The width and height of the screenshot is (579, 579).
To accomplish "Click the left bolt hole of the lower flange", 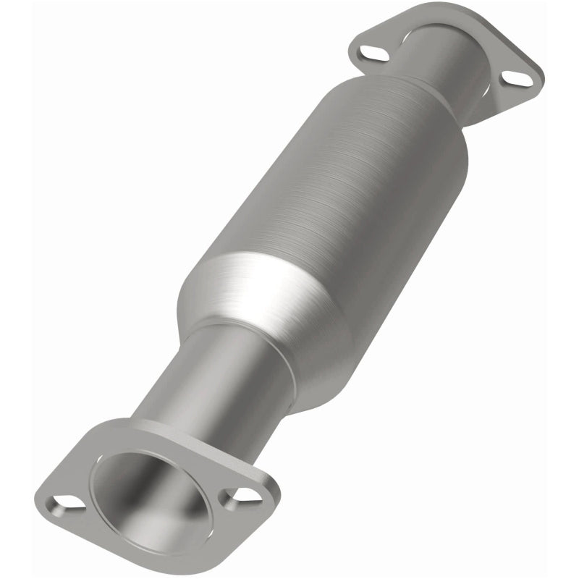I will point(64,500).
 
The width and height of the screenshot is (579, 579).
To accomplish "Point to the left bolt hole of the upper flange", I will point(368,52).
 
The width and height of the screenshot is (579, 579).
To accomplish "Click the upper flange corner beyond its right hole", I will point(536,80).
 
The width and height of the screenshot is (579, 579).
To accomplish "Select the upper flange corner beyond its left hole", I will point(352,49).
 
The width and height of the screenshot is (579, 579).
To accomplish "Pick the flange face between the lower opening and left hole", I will point(83,485).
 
